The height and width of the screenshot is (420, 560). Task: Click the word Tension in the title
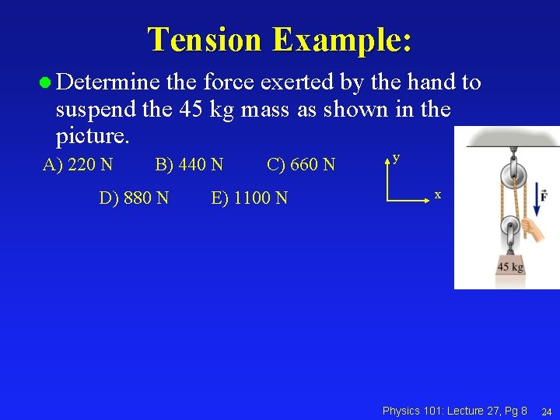205,40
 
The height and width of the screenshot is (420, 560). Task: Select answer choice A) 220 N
78,165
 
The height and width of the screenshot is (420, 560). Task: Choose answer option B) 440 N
189,165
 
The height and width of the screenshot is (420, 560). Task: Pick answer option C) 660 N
301,165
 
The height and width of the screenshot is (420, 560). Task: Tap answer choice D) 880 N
134,198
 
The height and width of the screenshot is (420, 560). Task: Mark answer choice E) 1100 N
249,198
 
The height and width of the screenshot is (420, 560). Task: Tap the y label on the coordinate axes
396,158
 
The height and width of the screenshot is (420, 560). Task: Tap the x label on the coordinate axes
438,194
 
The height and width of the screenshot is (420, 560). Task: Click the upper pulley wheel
509,172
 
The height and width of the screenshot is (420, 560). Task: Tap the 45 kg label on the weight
510,267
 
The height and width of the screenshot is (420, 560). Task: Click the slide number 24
546,411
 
